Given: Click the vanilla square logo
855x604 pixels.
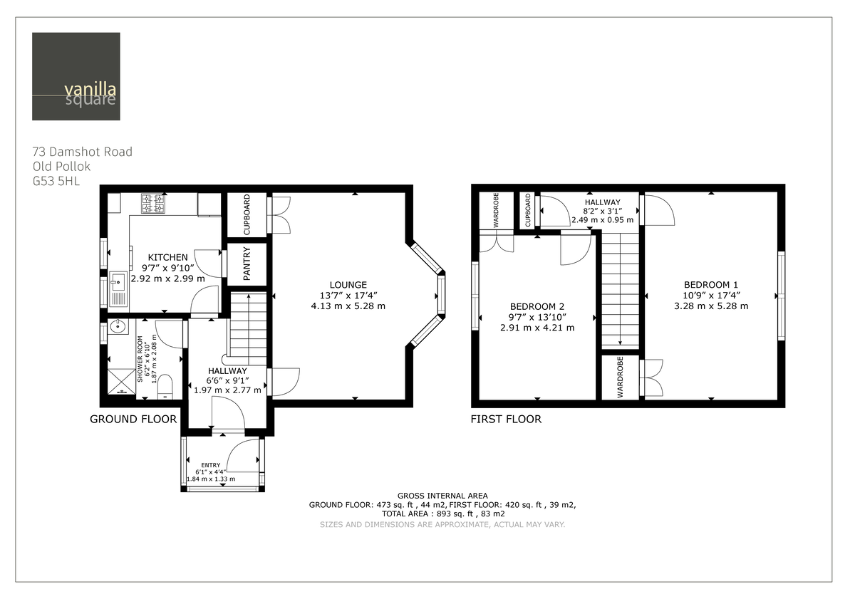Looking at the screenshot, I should (x=76, y=76).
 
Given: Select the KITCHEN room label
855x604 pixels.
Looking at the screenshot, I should (x=168, y=257).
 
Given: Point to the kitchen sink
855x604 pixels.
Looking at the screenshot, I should (x=118, y=291).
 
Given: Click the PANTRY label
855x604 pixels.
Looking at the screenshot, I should (x=247, y=264).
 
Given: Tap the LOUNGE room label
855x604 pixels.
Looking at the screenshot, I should (x=348, y=284).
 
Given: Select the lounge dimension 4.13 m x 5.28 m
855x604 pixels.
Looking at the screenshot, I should (x=348, y=306).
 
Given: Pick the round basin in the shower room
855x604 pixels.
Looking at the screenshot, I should (x=117, y=328).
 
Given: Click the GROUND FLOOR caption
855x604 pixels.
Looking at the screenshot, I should (x=133, y=420).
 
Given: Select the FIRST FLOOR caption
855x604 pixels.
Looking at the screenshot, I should (x=506, y=420).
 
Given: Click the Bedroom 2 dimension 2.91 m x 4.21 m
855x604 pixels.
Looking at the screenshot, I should (x=537, y=328).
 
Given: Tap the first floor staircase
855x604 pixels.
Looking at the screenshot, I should (x=620, y=292).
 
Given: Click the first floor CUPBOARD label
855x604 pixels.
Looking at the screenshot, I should (x=527, y=211).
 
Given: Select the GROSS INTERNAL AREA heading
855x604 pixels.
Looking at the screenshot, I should (x=442, y=496).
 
